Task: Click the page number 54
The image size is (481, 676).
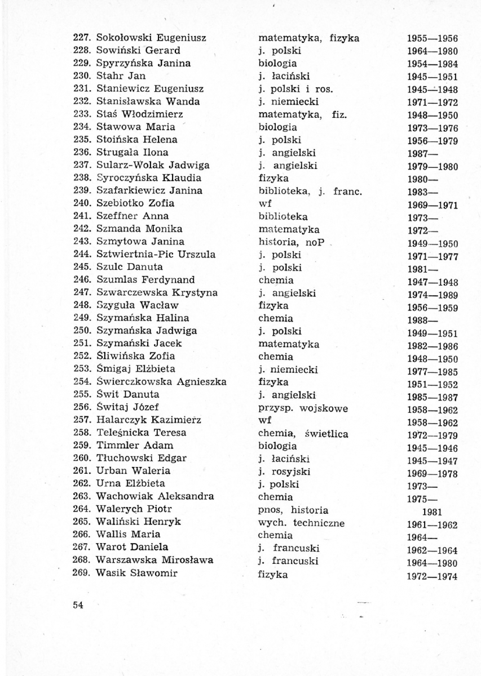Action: pyautogui.click(x=78, y=605)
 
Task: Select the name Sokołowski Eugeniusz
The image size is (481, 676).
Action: pyautogui.click(x=151, y=38)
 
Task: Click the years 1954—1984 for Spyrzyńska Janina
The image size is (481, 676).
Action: pyautogui.click(x=433, y=64)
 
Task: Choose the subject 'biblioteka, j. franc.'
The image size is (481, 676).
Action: pyautogui.click(x=309, y=191)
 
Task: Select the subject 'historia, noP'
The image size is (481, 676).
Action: pyautogui.click(x=289, y=242)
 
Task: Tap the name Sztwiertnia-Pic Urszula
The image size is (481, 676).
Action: pyautogui.click(x=156, y=255)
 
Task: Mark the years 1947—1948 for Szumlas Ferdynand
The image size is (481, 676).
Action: pyautogui.click(x=433, y=282)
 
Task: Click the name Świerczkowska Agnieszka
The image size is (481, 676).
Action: pyautogui.click(x=161, y=382)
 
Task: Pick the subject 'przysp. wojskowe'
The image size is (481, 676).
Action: pyautogui.click(x=303, y=408)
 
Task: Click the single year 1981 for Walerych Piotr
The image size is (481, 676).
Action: pyautogui.click(x=432, y=512)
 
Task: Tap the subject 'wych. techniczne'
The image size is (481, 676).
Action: pyautogui.click(x=301, y=522)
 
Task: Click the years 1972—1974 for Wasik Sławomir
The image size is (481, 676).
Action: pyautogui.click(x=433, y=576)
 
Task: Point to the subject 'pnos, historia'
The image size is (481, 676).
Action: pyautogui.click(x=293, y=510)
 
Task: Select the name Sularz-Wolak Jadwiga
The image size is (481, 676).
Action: pyautogui.click(x=153, y=165)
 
